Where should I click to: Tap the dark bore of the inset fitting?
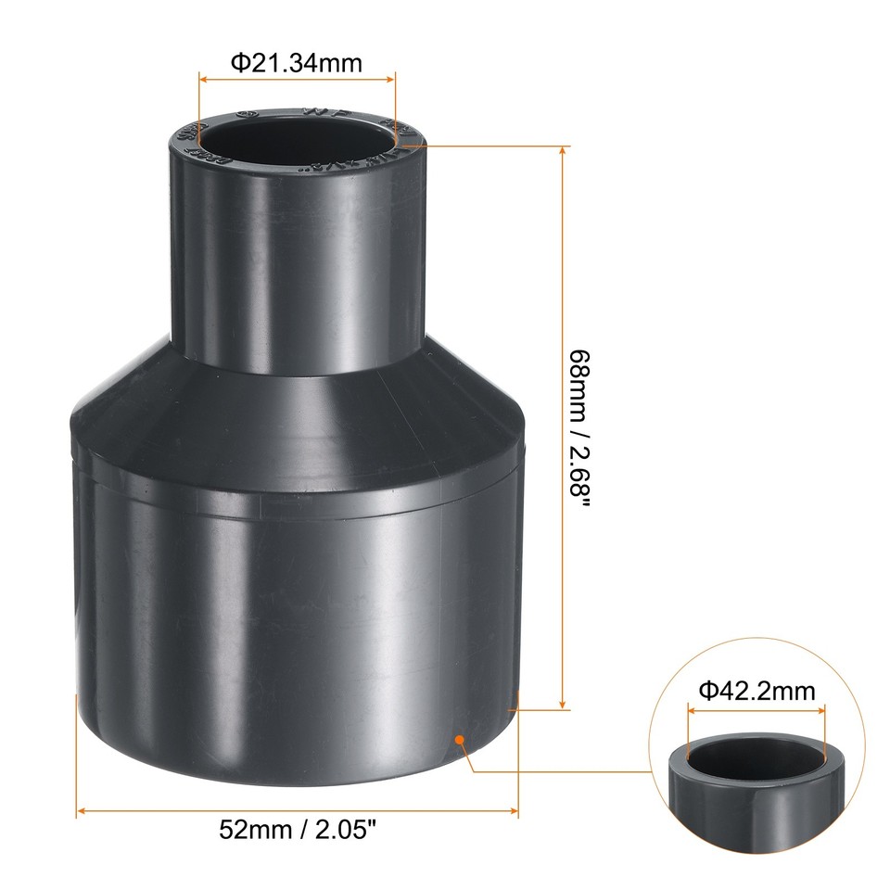click(x=756, y=757)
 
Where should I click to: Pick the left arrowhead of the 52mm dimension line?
click(x=81, y=811)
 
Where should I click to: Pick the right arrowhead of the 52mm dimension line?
click(x=513, y=811)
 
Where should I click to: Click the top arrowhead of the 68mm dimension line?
click(x=563, y=150)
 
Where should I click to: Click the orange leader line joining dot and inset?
click(x=556, y=770)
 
